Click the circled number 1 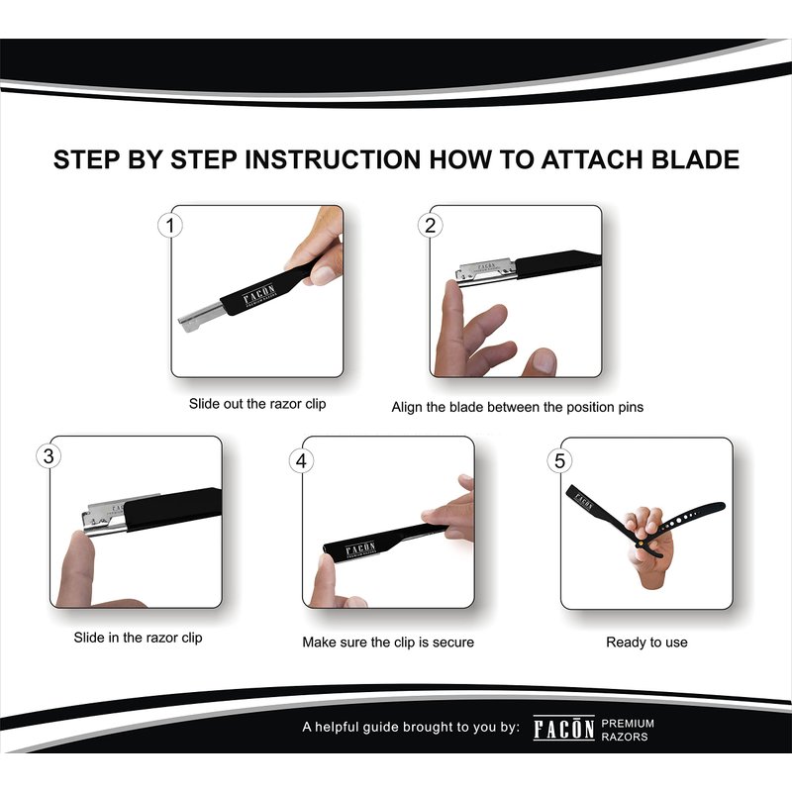pyautogui.click(x=170, y=226)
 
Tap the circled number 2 pyautogui.click(x=430, y=226)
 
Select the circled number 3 pyautogui.click(x=49, y=456)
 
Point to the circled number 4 pyautogui.click(x=301, y=461)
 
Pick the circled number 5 pyautogui.click(x=559, y=461)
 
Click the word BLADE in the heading pyautogui.click(x=695, y=159)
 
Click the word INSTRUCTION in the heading pyautogui.click(x=333, y=159)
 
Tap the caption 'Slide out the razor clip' pyautogui.click(x=257, y=404)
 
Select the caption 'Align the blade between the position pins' pyautogui.click(x=517, y=407)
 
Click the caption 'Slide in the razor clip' pyautogui.click(x=138, y=638)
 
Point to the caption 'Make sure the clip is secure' pyautogui.click(x=388, y=642)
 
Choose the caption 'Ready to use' pyautogui.click(x=646, y=642)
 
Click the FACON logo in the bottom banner pyautogui.click(x=563, y=729)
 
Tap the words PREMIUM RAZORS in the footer pyautogui.click(x=628, y=730)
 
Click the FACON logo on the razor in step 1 pyautogui.click(x=259, y=295)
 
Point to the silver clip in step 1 pyautogui.click(x=201, y=317)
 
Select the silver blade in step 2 pyautogui.click(x=485, y=270)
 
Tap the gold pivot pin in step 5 pyautogui.click(x=641, y=543)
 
